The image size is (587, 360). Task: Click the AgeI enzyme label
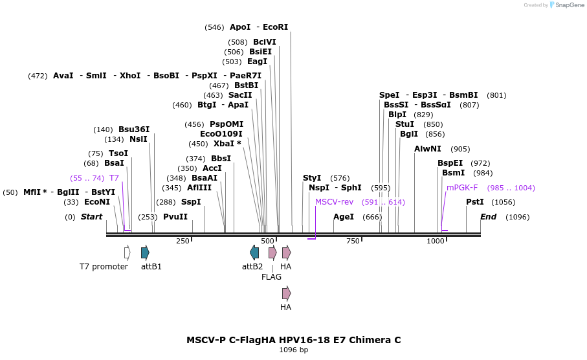343,217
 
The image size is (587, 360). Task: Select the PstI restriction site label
474,202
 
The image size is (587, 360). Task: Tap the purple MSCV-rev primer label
334,202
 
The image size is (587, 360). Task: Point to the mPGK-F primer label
462,188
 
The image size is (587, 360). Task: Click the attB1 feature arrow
145,253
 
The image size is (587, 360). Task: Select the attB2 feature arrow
254,253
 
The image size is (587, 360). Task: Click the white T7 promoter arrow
127,253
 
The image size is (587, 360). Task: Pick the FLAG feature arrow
272,253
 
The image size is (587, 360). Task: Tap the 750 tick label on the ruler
353,242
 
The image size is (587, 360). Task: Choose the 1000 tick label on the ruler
436,242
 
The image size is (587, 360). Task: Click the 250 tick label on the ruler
183,242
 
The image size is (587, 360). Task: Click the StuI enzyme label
404,124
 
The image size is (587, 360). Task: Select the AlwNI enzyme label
427,149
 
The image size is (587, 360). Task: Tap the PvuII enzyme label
175,217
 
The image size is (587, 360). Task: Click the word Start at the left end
91,217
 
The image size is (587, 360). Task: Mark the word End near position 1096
488,217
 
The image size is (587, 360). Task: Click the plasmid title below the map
293,340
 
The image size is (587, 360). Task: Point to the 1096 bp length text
293,350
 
